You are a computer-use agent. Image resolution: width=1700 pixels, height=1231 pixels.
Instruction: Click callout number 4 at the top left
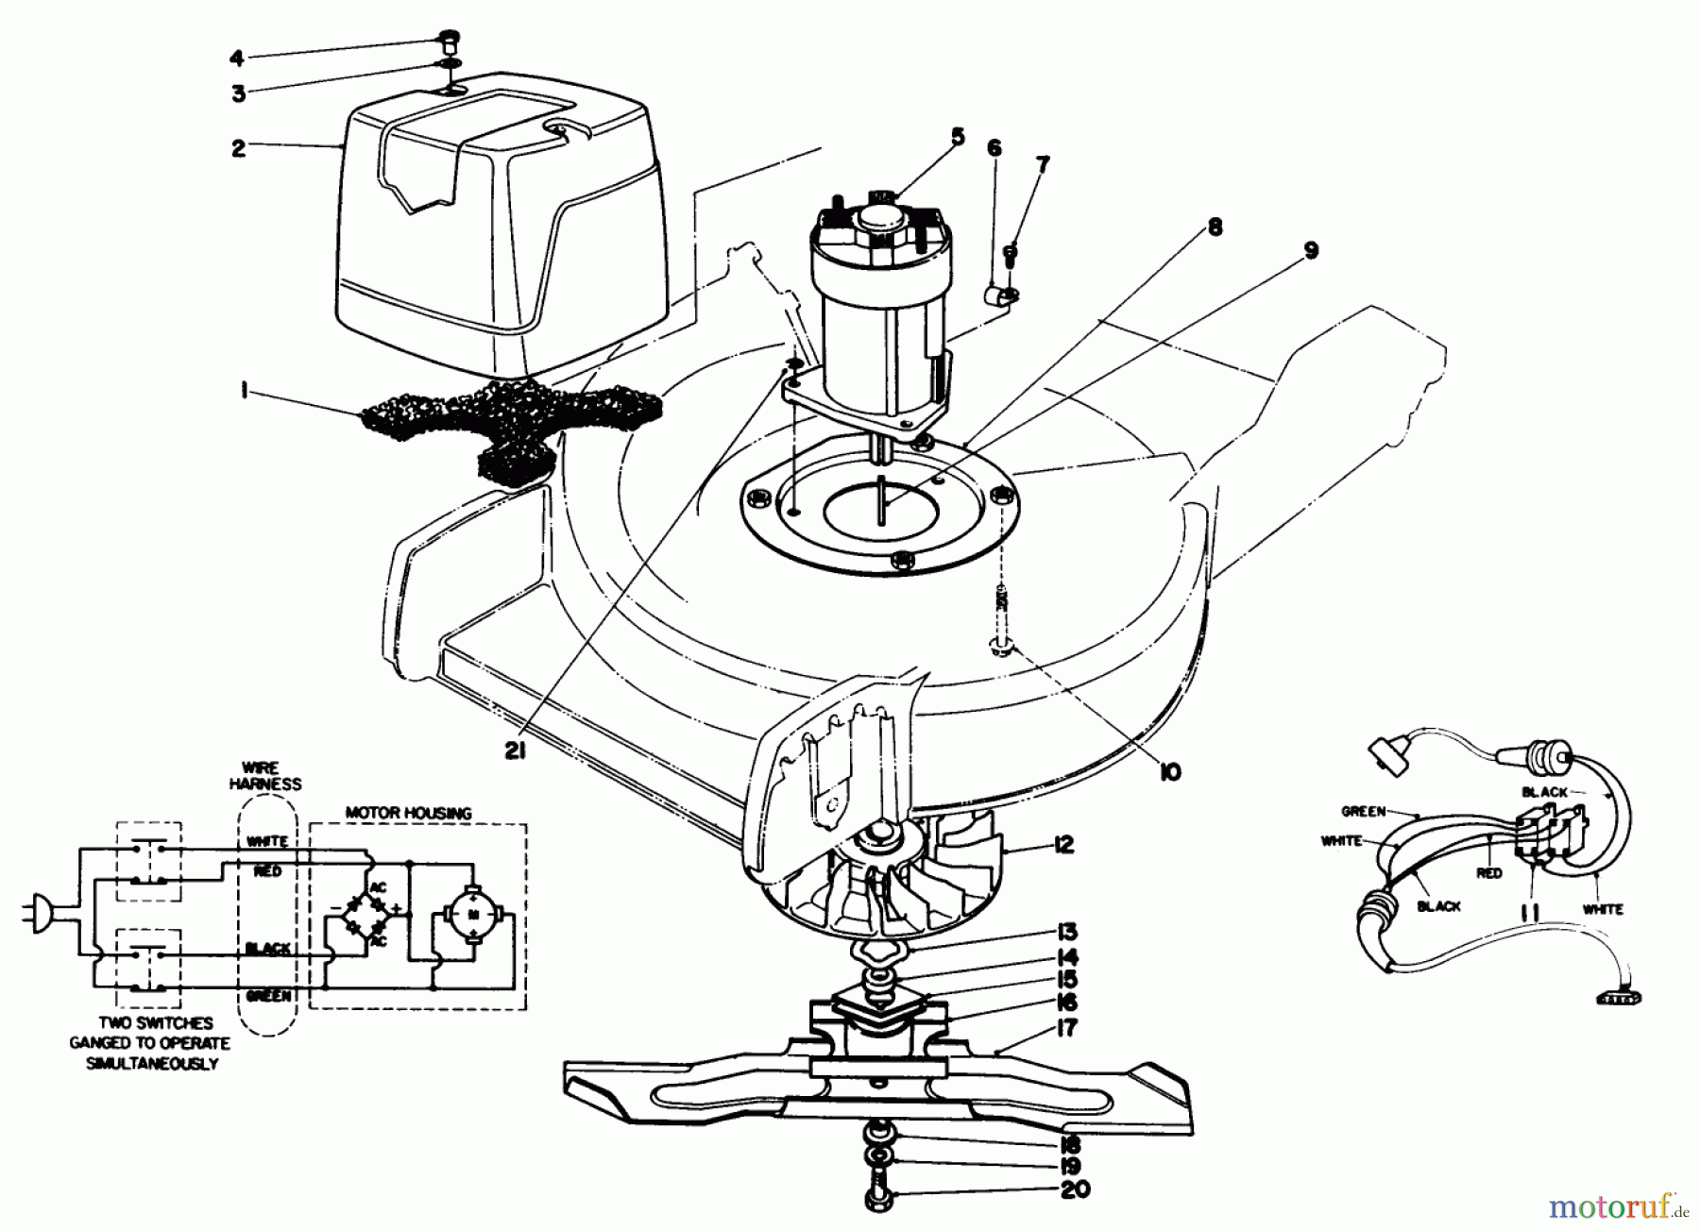point(236,59)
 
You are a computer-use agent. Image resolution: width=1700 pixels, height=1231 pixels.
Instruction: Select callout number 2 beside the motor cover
point(238,148)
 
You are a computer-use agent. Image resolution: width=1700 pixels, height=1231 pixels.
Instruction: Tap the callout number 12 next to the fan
point(1063,845)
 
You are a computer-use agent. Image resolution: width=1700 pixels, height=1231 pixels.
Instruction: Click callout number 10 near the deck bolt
point(1168,772)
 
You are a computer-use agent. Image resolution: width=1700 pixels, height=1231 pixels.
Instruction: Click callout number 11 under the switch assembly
point(1530,914)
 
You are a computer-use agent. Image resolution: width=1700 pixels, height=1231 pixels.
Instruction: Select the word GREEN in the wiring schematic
point(267,996)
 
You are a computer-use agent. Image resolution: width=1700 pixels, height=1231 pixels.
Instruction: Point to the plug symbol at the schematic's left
point(36,915)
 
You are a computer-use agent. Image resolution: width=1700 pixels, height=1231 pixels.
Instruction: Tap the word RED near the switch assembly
point(1489,873)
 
